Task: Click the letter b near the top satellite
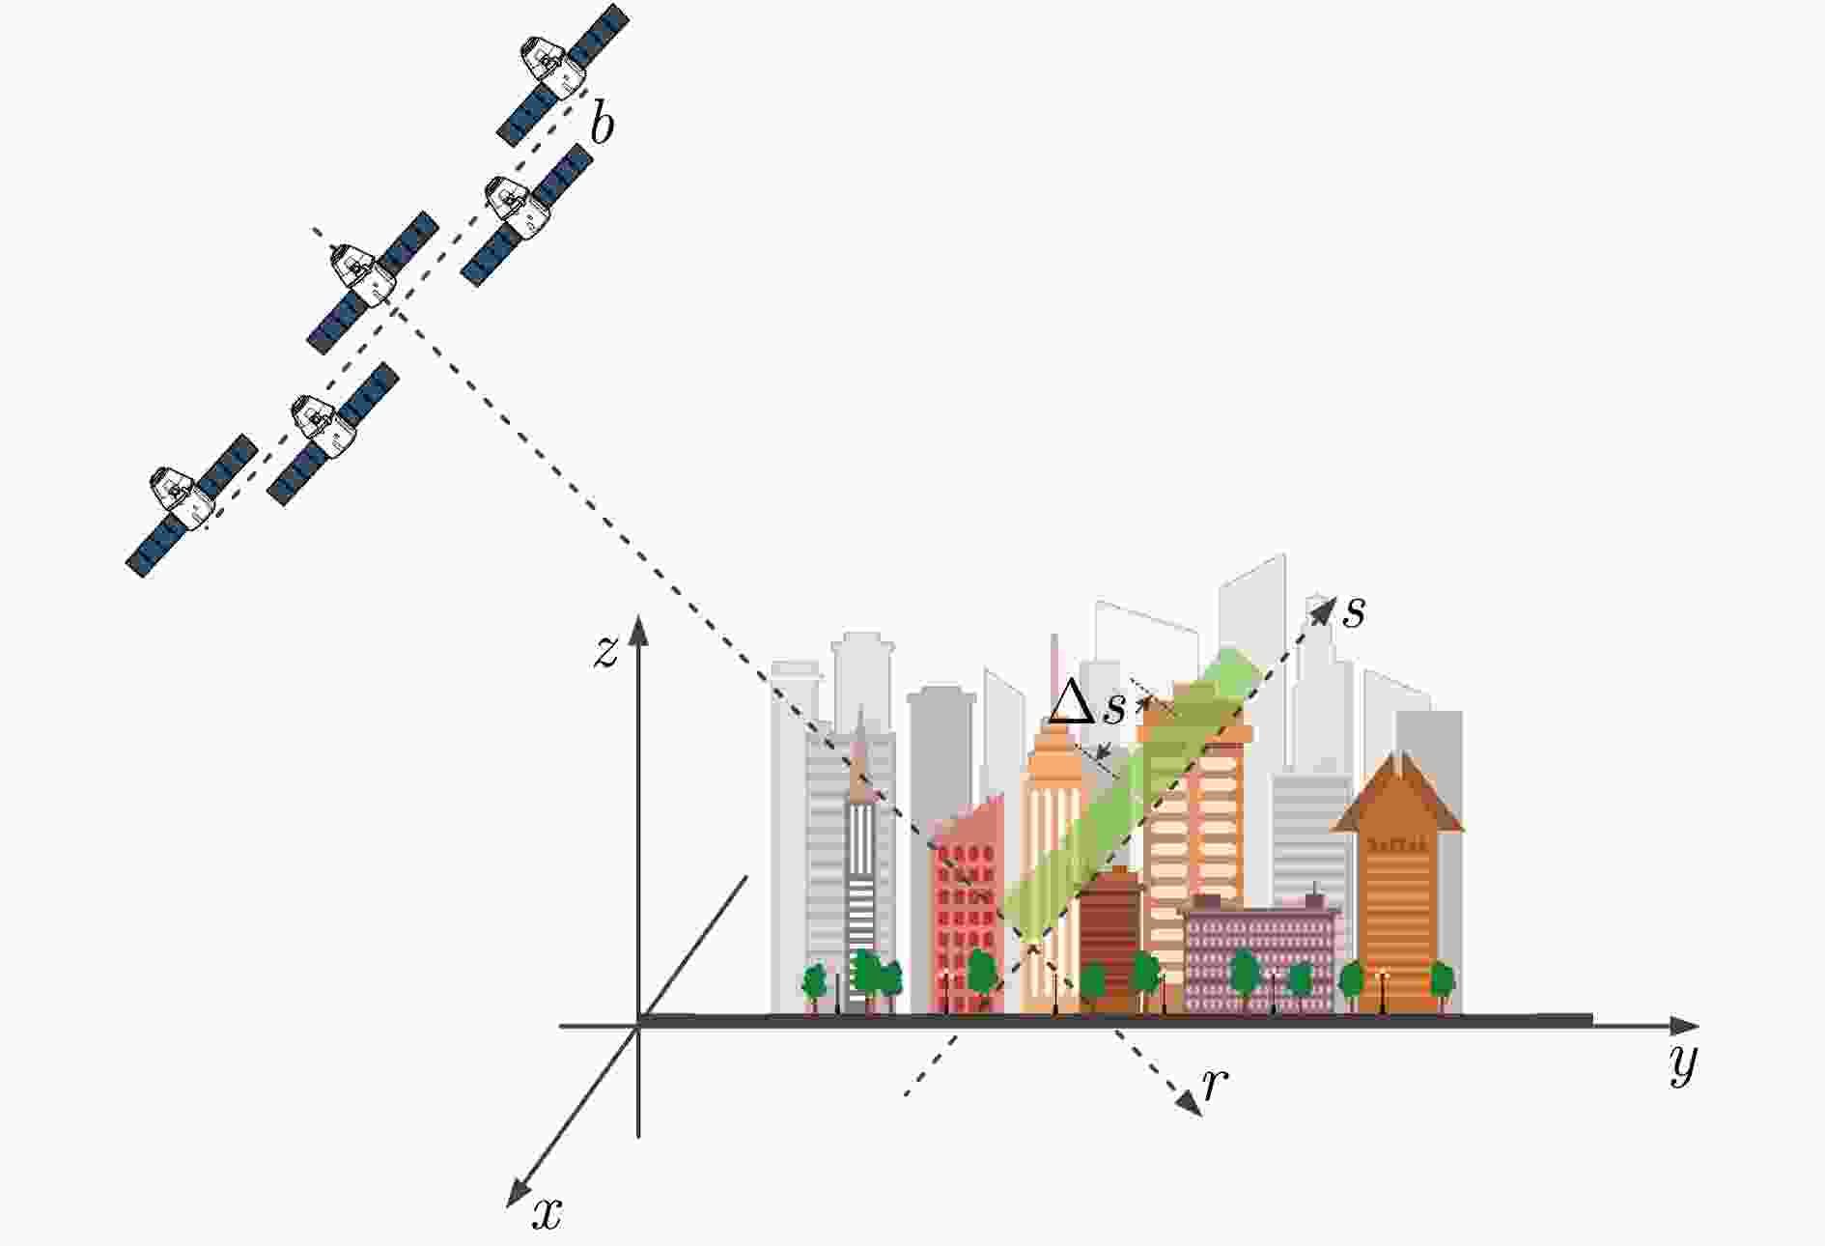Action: point(602,127)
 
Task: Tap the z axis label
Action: point(605,654)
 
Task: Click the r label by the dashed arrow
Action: point(1215,1086)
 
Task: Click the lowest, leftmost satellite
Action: point(191,505)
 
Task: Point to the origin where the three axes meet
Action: point(637,1025)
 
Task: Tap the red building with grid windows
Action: point(967,903)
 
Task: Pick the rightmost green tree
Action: point(1442,983)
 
